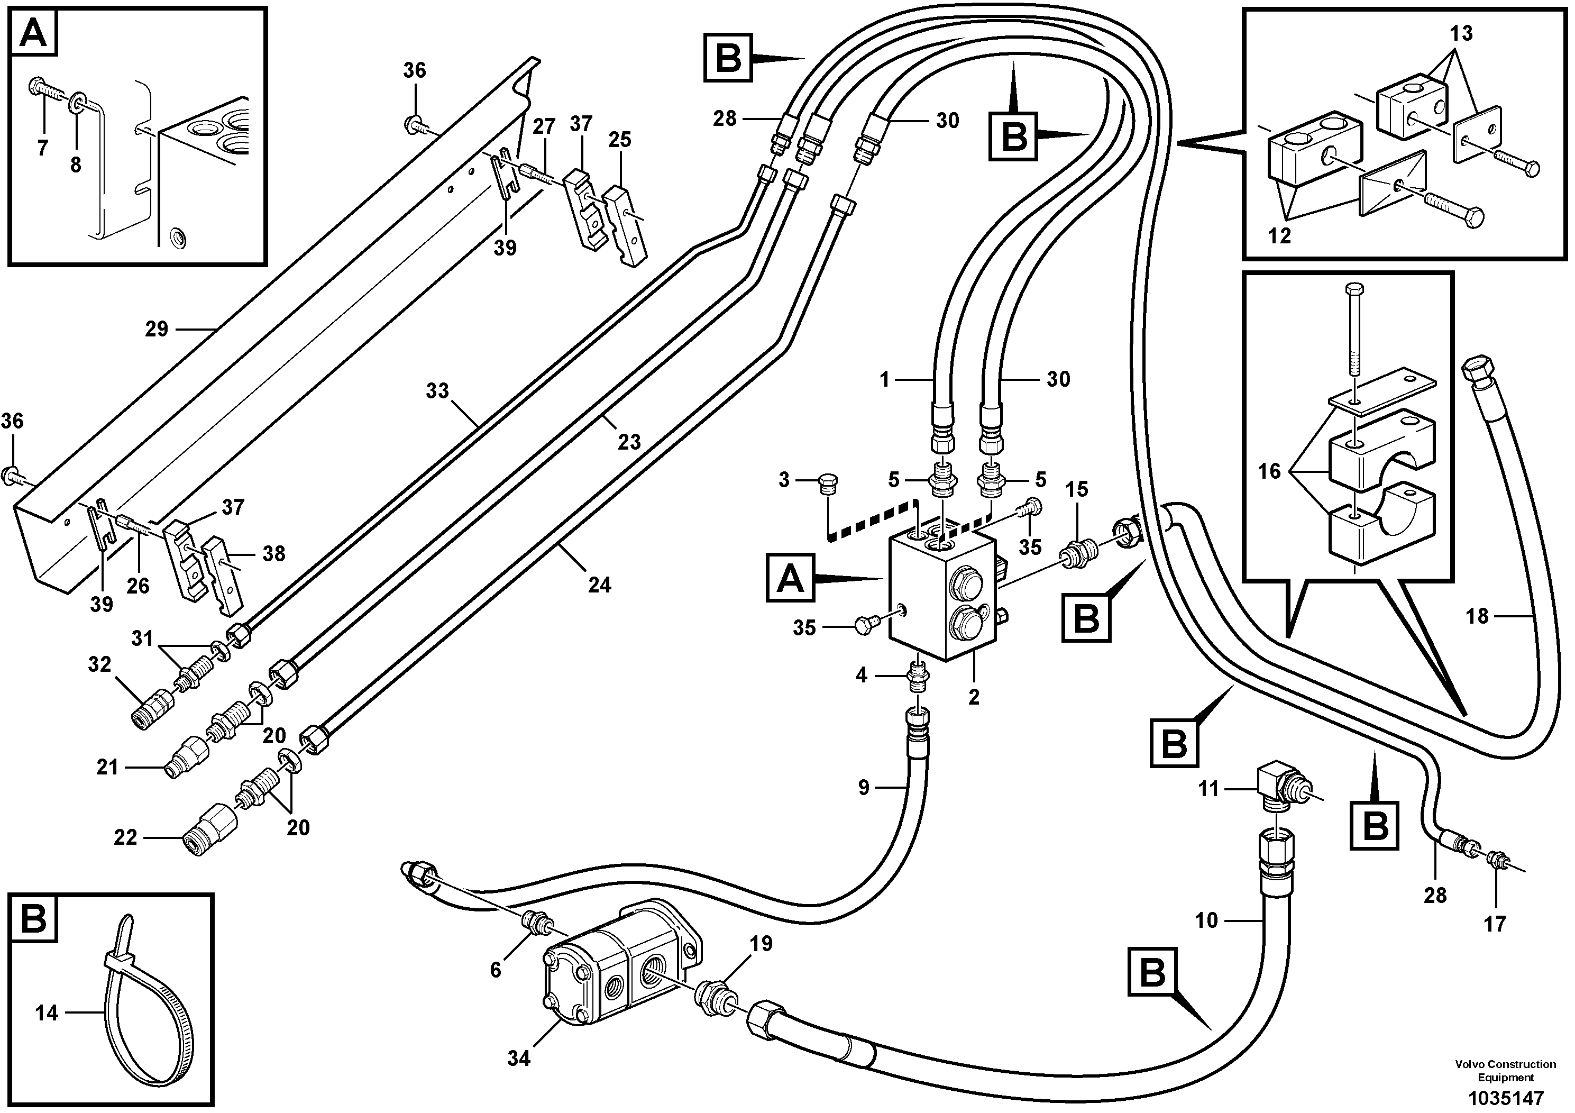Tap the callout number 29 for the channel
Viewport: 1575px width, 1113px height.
[x=157, y=330]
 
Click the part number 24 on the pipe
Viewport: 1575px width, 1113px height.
[x=599, y=585]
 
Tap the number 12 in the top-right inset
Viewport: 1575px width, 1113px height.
[x=1279, y=236]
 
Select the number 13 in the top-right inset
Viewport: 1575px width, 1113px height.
[x=1461, y=33]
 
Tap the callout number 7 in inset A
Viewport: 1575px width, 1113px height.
[x=42, y=148]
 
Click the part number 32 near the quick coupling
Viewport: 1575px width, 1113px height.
[x=99, y=664]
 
